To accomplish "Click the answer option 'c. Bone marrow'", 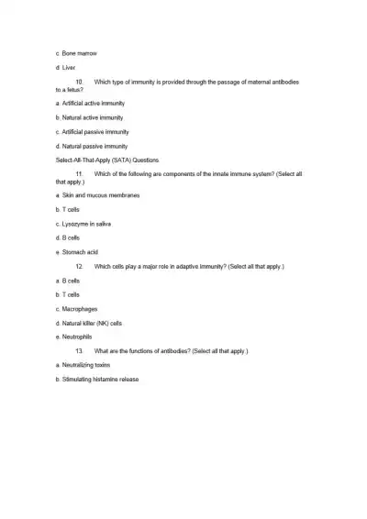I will (77, 53).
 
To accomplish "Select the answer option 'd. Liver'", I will (68, 68).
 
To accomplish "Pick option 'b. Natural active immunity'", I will (90, 117).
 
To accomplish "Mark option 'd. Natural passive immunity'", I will (91, 146).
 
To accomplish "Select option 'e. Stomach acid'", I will (77, 252).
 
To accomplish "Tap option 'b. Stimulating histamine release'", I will (96, 379).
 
